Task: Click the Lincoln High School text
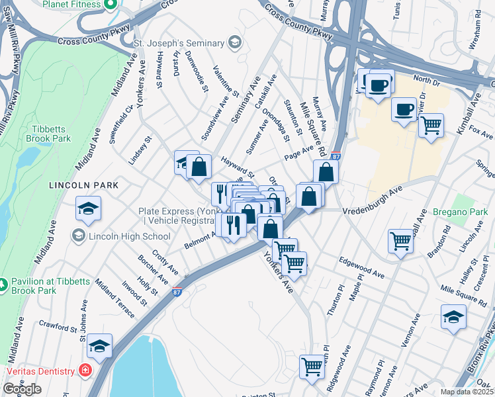coord(129,236)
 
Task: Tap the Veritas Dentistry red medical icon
coord(85,370)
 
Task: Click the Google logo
coord(22,389)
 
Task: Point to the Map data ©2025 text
coord(467,392)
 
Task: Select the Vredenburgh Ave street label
coord(373,210)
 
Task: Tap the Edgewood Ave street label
coord(361,268)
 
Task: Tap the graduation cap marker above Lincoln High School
coord(88,208)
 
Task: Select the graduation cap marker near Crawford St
coord(99,346)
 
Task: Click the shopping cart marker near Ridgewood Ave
coord(312,365)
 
